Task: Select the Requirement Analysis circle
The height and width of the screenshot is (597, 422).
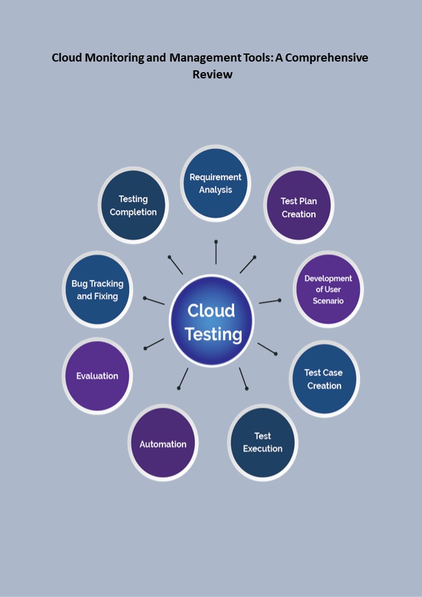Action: click(215, 183)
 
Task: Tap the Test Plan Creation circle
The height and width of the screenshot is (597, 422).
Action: click(299, 207)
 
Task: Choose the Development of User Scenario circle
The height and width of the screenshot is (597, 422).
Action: click(328, 289)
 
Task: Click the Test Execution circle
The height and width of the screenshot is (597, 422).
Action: click(263, 442)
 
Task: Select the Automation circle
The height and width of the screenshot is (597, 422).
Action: click(163, 443)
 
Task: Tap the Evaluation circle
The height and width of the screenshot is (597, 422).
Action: click(98, 375)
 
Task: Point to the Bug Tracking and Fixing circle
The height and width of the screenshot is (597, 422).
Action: click(98, 289)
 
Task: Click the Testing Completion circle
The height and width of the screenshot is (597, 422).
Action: click(133, 205)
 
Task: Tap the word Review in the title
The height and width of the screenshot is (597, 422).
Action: click(212, 74)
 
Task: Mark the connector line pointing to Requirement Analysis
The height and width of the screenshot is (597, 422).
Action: click(216, 252)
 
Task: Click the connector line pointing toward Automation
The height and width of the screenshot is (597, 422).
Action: click(183, 378)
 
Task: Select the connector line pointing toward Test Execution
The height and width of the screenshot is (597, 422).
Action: click(243, 378)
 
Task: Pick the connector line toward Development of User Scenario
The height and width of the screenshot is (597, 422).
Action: click(269, 302)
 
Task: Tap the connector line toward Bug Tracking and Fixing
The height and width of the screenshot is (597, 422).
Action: click(154, 301)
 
